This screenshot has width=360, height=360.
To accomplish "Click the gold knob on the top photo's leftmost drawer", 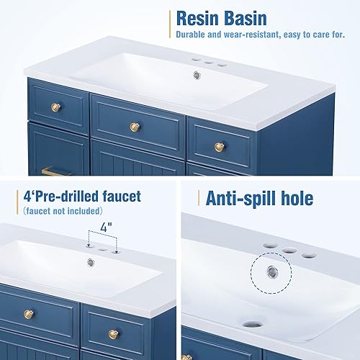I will (56, 108).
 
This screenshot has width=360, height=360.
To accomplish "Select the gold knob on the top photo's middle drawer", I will (134, 127).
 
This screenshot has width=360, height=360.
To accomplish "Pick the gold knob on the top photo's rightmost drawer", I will (220, 148).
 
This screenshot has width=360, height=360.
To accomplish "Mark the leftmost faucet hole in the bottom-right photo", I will (269, 244).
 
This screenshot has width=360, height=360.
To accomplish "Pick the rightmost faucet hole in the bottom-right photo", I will (310, 255).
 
